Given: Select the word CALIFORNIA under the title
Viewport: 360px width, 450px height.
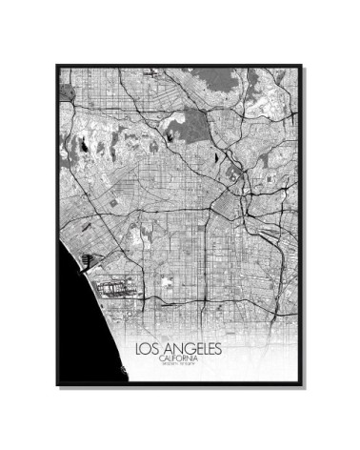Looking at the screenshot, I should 180,358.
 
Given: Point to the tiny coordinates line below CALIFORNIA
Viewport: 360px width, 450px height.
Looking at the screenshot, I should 180,365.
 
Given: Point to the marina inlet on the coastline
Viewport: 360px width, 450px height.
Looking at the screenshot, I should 90,257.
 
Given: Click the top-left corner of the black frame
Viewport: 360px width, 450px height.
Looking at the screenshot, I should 57,65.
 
